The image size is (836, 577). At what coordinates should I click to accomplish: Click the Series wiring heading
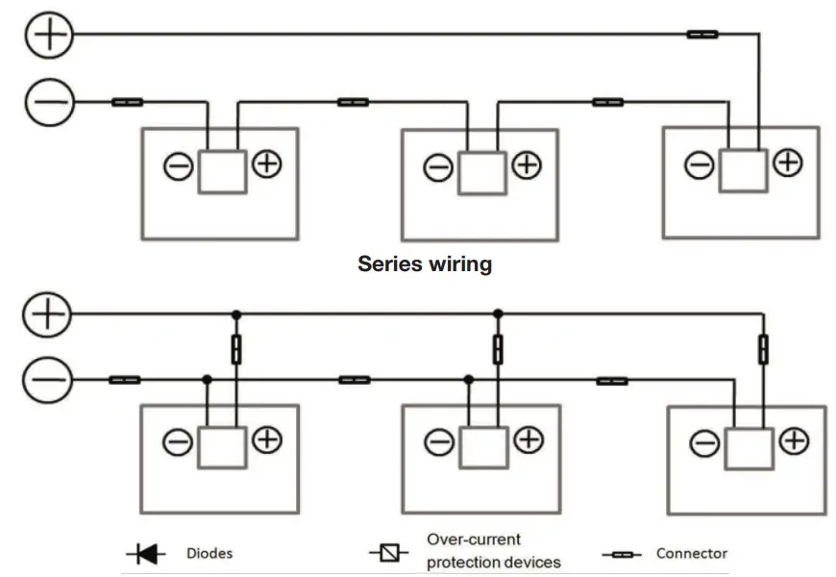click(x=425, y=263)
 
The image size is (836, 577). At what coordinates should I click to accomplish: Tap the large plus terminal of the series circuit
click(x=47, y=36)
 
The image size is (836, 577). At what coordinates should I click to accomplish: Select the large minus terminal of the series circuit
click(x=47, y=101)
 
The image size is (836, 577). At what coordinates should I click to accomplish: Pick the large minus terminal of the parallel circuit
click(x=47, y=381)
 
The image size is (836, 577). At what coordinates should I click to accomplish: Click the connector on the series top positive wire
click(x=701, y=35)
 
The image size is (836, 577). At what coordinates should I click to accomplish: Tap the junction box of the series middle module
click(x=481, y=172)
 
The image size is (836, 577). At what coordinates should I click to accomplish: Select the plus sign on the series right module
click(x=788, y=163)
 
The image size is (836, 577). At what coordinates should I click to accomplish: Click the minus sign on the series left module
click(x=178, y=167)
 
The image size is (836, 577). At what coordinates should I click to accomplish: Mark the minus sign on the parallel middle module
click(x=439, y=442)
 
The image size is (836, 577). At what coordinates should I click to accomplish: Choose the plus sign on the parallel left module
click(x=266, y=440)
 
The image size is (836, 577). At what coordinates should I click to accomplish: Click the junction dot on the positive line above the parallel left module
click(x=235, y=314)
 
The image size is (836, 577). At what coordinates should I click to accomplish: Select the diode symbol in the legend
click(x=145, y=554)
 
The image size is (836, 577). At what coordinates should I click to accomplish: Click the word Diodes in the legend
click(x=210, y=554)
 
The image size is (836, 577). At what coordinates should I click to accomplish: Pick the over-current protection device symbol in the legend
click(x=388, y=553)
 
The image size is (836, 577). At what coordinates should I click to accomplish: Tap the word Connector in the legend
click(x=691, y=554)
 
